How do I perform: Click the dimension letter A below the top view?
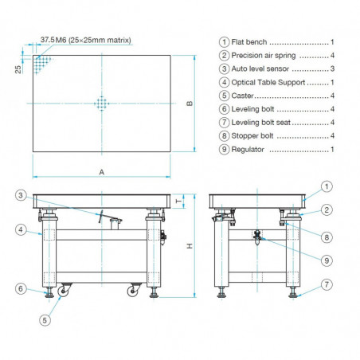(x=101, y=172)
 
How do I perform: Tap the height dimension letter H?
(x=189, y=246)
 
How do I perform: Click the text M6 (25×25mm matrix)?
(x=96, y=41)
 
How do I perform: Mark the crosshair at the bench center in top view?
(x=101, y=104)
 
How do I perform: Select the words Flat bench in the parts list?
(x=251, y=41)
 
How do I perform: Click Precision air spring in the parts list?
(x=264, y=56)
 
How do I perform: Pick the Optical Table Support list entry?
(x=268, y=83)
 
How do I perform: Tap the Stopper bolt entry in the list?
(x=254, y=135)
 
